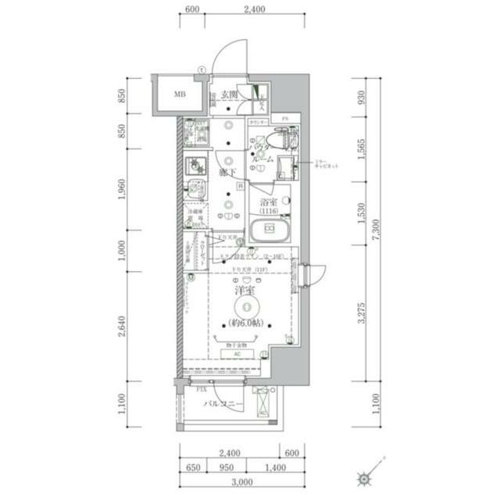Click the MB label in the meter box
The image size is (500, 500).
pyautogui.click(x=180, y=95)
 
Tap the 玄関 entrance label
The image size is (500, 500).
pyautogui.click(x=229, y=95)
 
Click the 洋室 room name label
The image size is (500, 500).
pyautogui.click(x=245, y=291)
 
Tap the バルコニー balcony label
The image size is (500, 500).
pyautogui.click(x=223, y=404)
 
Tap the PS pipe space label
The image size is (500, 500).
pyautogui.click(x=285, y=118)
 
